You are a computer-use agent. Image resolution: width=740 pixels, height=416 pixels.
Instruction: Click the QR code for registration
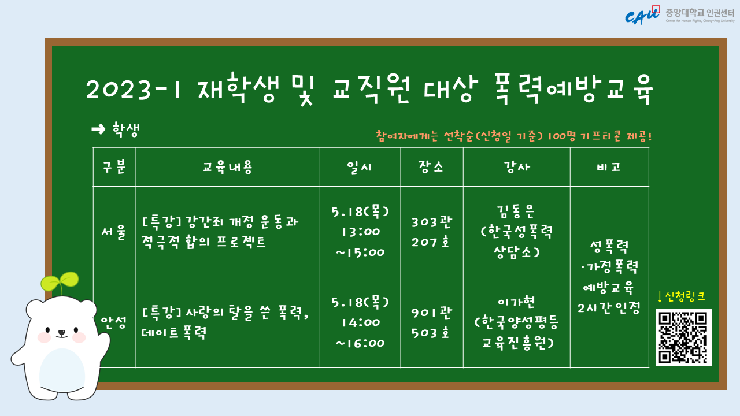coord(683,337)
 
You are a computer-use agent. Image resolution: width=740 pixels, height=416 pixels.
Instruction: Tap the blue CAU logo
coord(642,16)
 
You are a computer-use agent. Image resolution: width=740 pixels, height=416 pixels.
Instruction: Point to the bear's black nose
coord(61,332)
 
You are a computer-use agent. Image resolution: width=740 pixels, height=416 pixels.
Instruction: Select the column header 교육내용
coord(227,167)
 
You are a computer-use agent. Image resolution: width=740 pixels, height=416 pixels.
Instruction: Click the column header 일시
coord(360,167)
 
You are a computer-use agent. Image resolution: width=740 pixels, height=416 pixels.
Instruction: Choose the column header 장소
coord(431,167)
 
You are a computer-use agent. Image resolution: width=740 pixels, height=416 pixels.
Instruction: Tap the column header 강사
coord(517,167)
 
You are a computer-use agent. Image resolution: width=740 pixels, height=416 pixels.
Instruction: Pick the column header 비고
coord(609,167)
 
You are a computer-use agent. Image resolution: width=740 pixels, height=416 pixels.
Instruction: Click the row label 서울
coord(114,232)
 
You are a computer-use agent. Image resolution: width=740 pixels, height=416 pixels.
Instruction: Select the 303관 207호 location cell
coord(431,232)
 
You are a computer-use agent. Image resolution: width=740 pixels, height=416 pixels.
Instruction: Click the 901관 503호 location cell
coord(431,322)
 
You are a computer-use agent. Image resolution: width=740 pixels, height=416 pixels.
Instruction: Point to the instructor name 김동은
coord(516,211)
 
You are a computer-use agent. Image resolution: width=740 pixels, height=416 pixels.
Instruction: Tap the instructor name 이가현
coord(516,302)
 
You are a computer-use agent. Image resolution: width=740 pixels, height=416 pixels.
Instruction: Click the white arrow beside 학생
coord(98,129)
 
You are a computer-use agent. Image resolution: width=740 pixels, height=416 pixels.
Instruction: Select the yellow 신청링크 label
coord(681,296)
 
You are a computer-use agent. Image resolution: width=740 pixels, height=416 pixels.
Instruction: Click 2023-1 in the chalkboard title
coord(134,90)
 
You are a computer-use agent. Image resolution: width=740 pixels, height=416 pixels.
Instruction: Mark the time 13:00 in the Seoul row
coord(361,232)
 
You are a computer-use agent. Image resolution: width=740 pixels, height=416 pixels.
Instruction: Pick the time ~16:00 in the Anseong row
coord(360,343)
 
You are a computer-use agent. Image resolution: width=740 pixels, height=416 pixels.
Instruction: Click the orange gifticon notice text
coord(514,136)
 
